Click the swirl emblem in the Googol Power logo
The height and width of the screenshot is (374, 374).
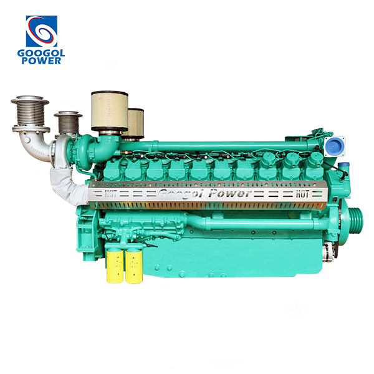click(x=42, y=31)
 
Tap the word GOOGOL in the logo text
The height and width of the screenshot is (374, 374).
click(x=41, y=53)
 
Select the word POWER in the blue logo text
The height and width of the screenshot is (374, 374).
click(x=41, y=60)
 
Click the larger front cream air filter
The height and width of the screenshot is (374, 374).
click(x=110, y=111)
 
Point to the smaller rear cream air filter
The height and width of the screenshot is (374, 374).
click(x=136, y=123)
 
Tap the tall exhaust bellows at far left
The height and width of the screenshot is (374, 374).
click(x=30, y=113)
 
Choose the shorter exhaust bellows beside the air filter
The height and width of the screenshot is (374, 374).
click(x=68, y=123)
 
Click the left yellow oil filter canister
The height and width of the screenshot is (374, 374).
click(x=115, y=266)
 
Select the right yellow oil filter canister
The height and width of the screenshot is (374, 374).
click(x=134, y=266)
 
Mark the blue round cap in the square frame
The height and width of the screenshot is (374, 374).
click(x=334, y=146)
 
